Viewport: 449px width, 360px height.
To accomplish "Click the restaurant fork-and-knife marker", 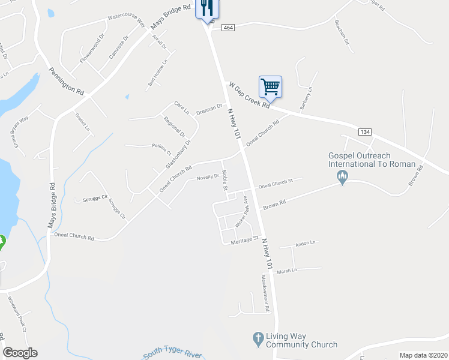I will coord(206,8).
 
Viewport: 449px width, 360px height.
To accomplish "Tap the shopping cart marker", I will coord(270,86).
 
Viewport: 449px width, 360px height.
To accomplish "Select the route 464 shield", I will coord(228,28).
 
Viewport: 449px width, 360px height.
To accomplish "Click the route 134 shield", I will coord(364,131).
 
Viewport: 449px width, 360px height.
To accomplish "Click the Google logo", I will coord(20,353).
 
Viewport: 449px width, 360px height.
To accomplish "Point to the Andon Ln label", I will coord(305,244).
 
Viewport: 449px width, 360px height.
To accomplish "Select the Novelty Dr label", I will coord(208,177).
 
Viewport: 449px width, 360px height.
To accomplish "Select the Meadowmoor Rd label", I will coord(265,293).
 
